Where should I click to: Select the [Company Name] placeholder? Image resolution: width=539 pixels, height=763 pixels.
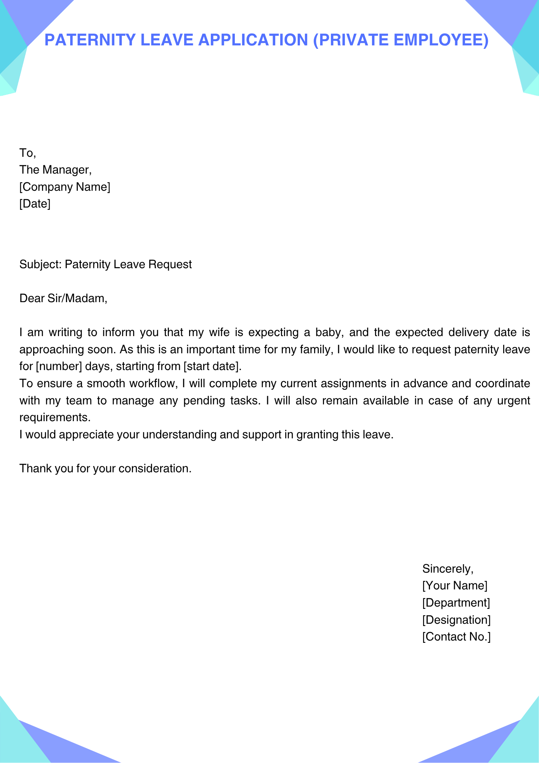point(65,187)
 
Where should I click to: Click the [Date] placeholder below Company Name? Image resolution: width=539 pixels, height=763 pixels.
point(35,204)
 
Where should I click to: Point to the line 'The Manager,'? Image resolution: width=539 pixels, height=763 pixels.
point(56,170)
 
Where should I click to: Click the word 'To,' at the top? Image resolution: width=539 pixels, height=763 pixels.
point(27,153)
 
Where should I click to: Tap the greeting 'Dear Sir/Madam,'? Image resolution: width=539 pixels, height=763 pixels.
point(63,298)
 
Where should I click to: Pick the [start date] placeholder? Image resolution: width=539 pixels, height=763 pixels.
point(212,366)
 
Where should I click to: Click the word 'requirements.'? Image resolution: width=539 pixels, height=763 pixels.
point(55,417)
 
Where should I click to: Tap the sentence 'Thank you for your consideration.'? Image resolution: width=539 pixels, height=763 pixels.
point(105,468)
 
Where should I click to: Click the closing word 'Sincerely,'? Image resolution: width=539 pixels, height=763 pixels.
point(448,569)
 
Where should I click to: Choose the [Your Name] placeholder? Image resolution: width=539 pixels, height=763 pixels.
point(455,586)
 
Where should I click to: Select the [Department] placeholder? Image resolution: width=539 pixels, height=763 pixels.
point(456,603)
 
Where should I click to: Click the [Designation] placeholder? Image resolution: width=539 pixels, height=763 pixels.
point(456,620)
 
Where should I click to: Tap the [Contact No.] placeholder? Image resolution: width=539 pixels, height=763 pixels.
point(456,637)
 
